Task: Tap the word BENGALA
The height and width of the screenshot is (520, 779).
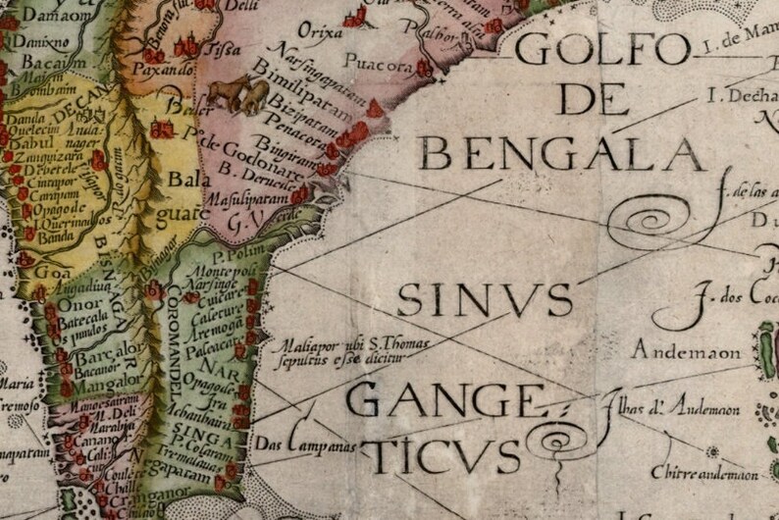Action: point(560,152)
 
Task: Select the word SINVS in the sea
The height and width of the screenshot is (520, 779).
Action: point(485,297)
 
